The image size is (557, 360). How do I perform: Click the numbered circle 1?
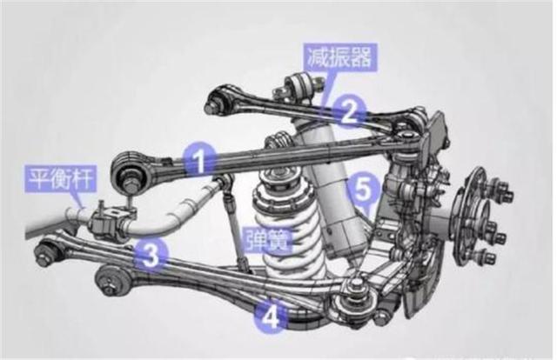tap(199, 161)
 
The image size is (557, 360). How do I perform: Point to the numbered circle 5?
tap(363, 190)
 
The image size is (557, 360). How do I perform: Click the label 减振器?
tap(339, 58)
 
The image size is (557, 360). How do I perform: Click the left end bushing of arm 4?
tap(112, 281)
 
